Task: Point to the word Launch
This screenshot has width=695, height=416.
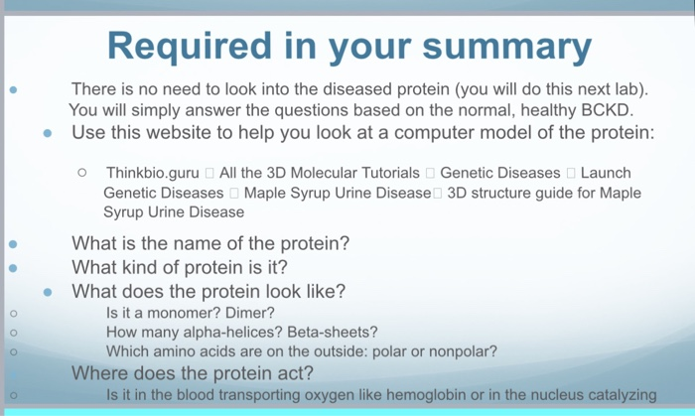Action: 606,173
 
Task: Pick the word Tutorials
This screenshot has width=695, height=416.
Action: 384,173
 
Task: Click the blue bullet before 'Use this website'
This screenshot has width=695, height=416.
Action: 48,132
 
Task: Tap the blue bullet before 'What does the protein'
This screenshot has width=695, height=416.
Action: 48,292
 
